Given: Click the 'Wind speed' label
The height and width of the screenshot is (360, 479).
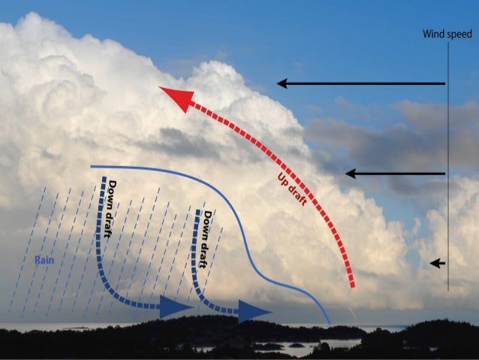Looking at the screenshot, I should (x=447, y=34).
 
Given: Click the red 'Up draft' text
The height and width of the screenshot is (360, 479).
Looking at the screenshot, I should (x=289, y=184).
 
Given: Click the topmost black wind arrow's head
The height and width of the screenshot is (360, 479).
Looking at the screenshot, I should (x=282, y=83).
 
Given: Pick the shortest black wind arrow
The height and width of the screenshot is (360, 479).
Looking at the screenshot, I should (x=438, y=263).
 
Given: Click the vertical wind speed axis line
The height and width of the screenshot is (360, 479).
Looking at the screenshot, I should (x=448, y=165).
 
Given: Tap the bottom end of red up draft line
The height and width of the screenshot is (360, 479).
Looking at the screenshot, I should (x=352, y=286).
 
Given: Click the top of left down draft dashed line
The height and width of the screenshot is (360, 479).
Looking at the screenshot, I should (x=104, y=179).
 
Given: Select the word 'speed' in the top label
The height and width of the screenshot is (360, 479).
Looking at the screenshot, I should (x=459, y=35).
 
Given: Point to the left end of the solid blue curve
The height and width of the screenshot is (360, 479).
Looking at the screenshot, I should (x=92, y=166).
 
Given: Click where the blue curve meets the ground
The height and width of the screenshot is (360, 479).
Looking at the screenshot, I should (x=329, y=324).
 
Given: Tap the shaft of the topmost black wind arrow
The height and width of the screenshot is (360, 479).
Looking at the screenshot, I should (x=368, y=83).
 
